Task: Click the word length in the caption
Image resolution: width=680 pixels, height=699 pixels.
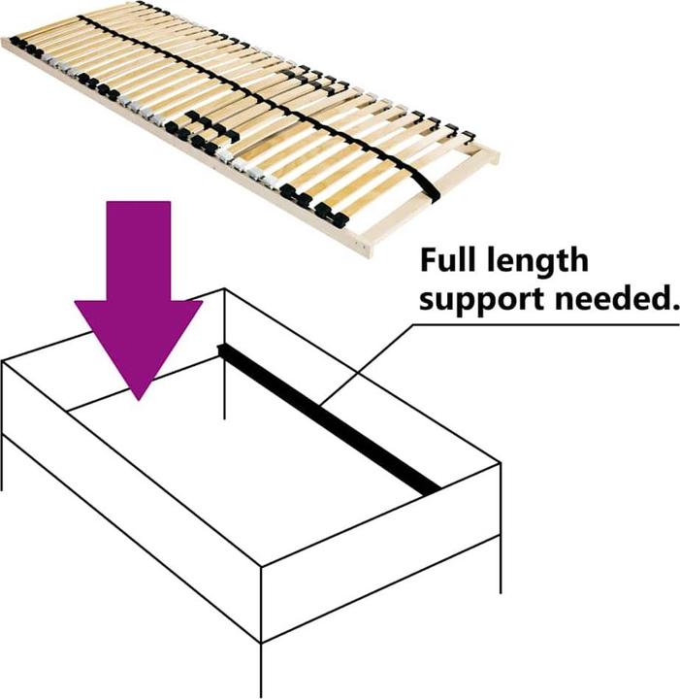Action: tap(537, 262)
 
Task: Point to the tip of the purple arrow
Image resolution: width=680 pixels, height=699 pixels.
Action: tap(139, 400)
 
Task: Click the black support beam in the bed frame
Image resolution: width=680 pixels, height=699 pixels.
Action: tap(329, 419)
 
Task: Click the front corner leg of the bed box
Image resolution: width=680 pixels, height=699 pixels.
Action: tap(261, 670)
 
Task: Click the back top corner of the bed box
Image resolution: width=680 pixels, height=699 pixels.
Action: tap(224, 289)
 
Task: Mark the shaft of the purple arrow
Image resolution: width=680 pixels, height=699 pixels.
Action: tap(139, 251)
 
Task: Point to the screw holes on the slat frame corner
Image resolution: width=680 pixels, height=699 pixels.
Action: tap(362, 244)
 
